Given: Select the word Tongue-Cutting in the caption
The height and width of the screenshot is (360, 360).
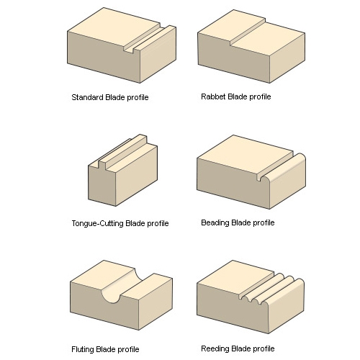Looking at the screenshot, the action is coord(97,223).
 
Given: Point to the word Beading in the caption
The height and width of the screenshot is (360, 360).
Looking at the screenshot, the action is coord(215,222).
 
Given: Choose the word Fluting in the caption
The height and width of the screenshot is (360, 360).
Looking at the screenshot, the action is coord(82,349).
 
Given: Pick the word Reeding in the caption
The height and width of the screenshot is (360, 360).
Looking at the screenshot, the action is coord(215,348).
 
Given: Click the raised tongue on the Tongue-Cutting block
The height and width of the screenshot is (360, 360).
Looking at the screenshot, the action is coord(123,150).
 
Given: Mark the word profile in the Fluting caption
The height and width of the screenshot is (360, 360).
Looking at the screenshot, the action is coord(128,349).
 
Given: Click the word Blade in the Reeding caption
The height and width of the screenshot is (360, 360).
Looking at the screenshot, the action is coord(241,348).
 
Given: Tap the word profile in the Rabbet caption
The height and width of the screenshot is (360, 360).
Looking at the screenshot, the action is coord(260,96).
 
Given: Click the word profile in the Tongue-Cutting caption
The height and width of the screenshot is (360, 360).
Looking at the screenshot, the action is coord(158,223).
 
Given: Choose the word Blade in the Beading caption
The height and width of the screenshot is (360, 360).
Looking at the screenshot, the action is coord(241,222).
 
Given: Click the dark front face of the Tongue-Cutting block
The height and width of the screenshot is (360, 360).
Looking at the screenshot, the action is coord(102,186).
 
